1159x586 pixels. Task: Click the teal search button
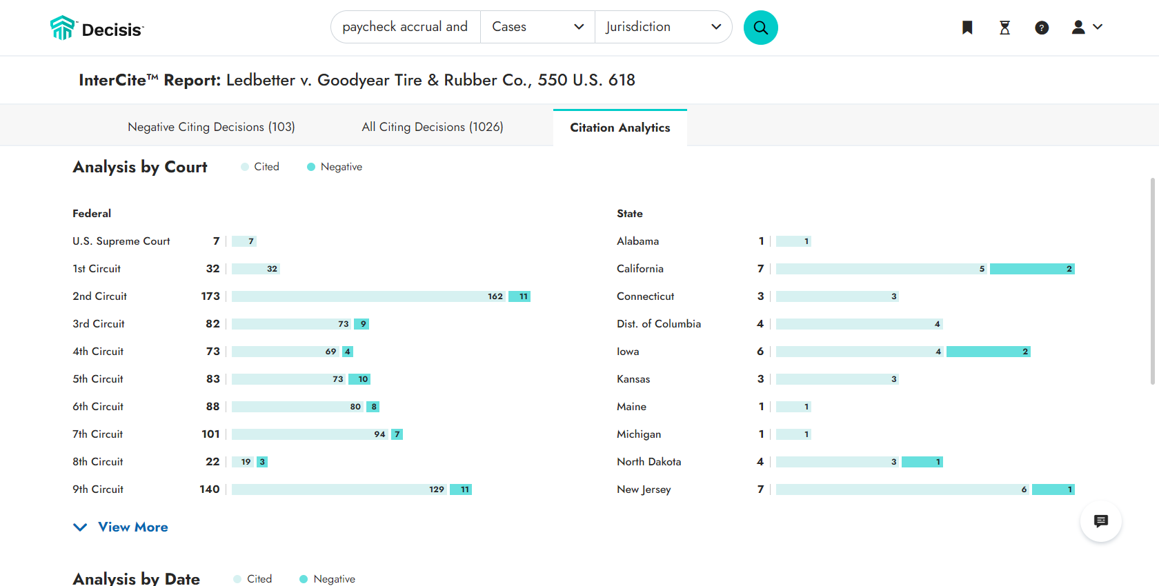760,28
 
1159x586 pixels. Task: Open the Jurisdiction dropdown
662,27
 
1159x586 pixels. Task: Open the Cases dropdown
537,27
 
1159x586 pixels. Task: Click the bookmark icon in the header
967,28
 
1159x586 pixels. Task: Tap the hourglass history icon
1004,28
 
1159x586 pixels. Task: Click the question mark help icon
1042,28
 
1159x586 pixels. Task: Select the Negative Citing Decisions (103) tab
211,127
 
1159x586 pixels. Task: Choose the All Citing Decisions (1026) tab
433,127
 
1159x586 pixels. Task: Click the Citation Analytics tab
620,128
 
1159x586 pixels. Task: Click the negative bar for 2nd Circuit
519,296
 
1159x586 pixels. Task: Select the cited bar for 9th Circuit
338,489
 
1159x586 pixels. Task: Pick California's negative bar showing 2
1031,269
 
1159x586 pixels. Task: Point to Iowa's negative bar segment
988,352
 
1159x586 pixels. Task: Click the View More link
132,527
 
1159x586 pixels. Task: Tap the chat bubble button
1100,521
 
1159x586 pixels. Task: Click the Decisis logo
97,29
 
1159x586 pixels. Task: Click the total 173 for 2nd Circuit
210,296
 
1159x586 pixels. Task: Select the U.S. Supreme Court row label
121,241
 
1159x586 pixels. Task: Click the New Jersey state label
644,489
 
